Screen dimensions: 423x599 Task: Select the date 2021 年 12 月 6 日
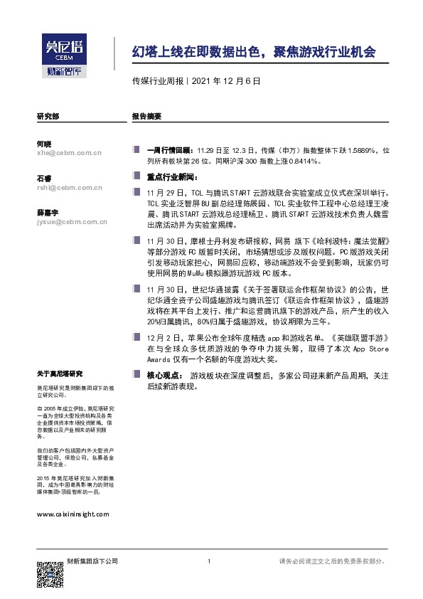click(x=226, y=80)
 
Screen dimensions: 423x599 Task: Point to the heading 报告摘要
click(x=146, y=115)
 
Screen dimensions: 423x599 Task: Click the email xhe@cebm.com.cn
click(x=70, y=152)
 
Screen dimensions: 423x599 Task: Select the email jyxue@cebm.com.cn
click(x=72, y=222)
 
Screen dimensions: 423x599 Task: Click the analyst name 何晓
click(x=43, y=144)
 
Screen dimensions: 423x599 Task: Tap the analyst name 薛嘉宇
click(x=48, y=213)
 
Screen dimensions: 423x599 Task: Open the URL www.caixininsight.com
click(x=73, y=514)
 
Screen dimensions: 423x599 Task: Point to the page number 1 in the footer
click(x=208, y=562)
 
